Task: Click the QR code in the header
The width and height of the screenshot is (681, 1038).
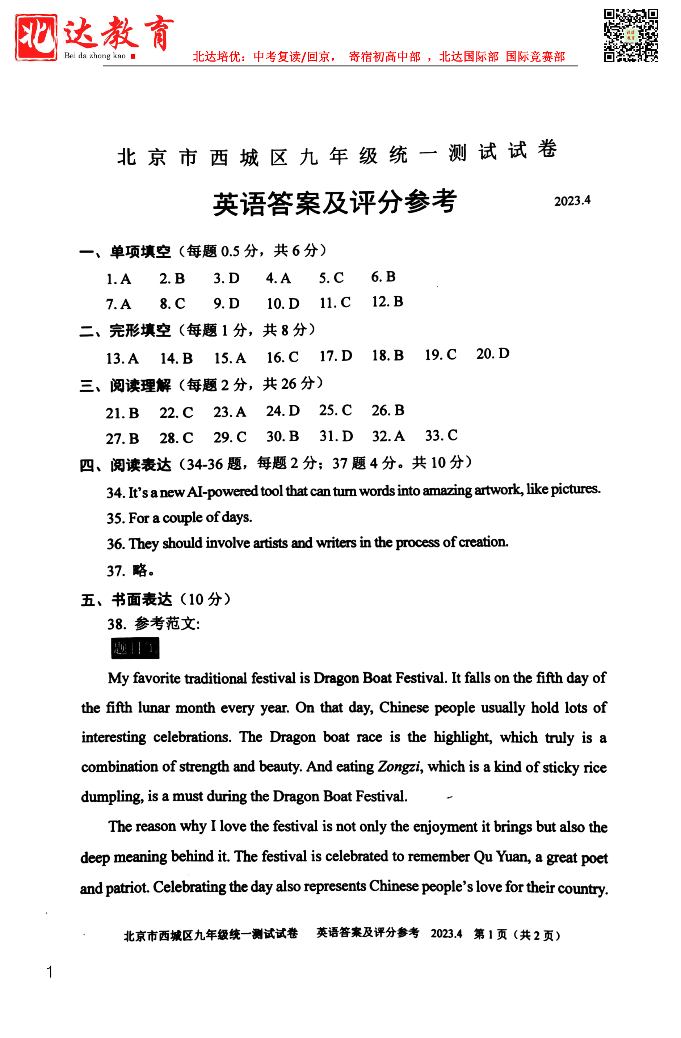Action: [x=630, y=35]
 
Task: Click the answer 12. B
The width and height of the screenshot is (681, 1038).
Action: [x=387, y=301]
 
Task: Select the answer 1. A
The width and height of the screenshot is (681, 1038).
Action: [x=119, y=279]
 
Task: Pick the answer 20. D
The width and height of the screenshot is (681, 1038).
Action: [x=492, y=354]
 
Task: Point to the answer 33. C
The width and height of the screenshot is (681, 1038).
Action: [x=441, y=435]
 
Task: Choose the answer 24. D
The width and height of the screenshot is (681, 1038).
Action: [x=283, y=411]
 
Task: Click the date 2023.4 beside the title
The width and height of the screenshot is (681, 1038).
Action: [x=572, y=201]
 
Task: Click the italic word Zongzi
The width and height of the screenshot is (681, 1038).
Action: [x=399, y=766]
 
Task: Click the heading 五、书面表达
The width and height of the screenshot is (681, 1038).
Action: [x=126, y=600]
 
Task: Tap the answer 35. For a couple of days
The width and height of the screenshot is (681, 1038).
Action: [x=179, y=518]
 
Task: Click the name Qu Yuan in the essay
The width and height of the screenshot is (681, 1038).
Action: [x=501, y=857]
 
